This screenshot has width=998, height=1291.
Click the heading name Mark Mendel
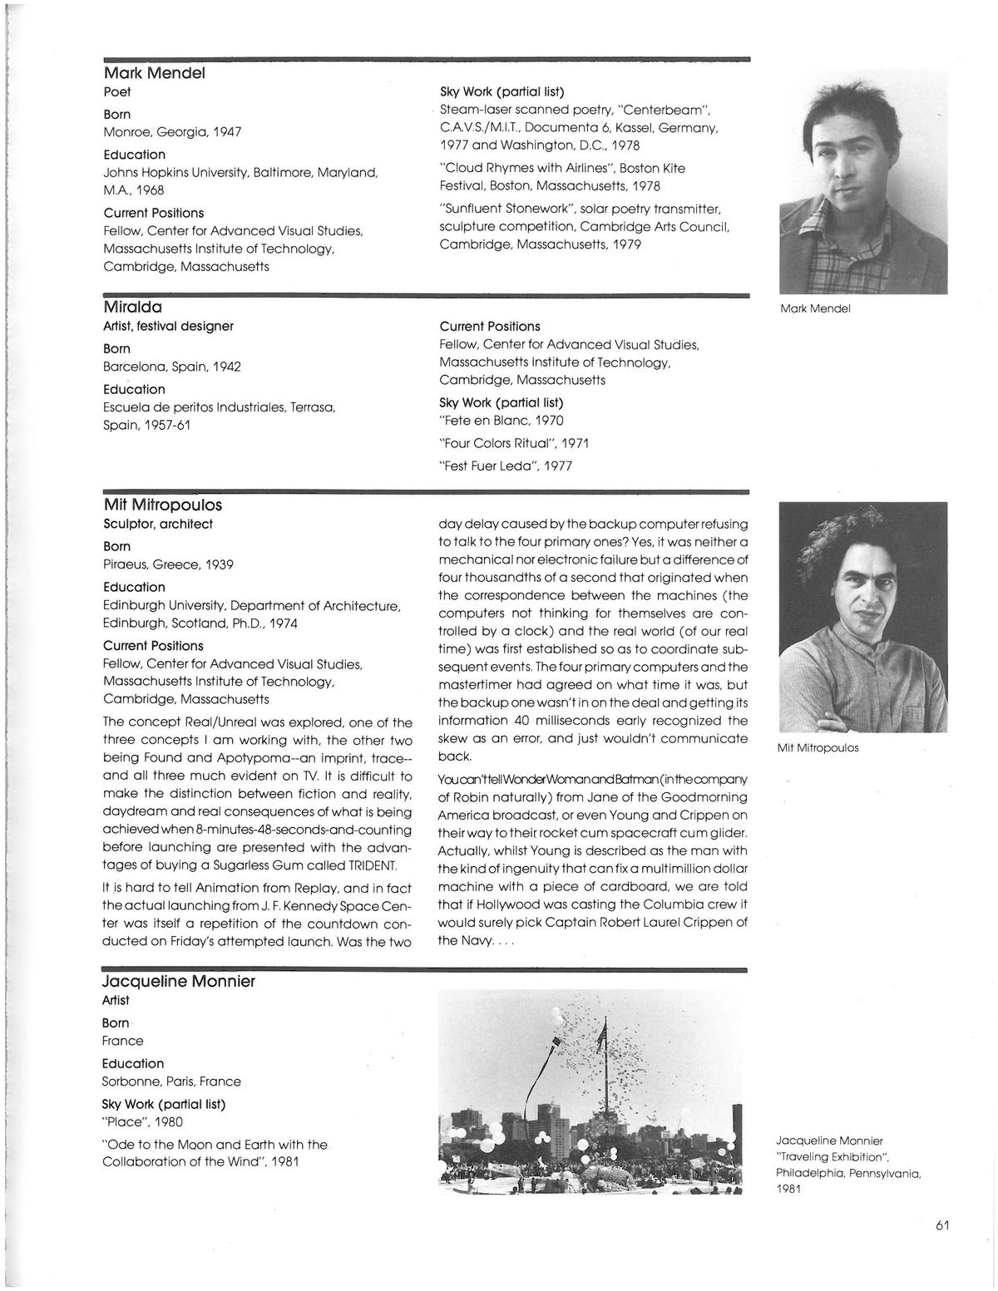(x=154, y=73)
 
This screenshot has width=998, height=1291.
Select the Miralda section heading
(x=133, y=308)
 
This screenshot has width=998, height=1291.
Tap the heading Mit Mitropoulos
(x=163, y=505)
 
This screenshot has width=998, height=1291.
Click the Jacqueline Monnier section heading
(x=179, y=982)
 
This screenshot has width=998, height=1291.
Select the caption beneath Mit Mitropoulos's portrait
(x=818, y=748)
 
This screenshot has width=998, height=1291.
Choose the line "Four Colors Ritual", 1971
(x=507, y=443)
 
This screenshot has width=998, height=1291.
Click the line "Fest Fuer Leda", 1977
(x=506, y=466)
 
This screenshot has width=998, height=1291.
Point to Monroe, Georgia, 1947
(x=172, y=132)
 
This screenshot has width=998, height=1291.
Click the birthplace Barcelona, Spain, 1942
(x=172, y=367)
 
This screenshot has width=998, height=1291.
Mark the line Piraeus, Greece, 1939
(x=168, y=564)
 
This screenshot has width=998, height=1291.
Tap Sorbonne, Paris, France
(x=171, y=1082)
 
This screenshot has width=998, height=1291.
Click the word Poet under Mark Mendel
(x=117, y=92)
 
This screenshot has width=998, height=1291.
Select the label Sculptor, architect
(x=158, y=525)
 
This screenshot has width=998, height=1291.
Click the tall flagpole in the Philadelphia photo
(x=606, y=1081)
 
